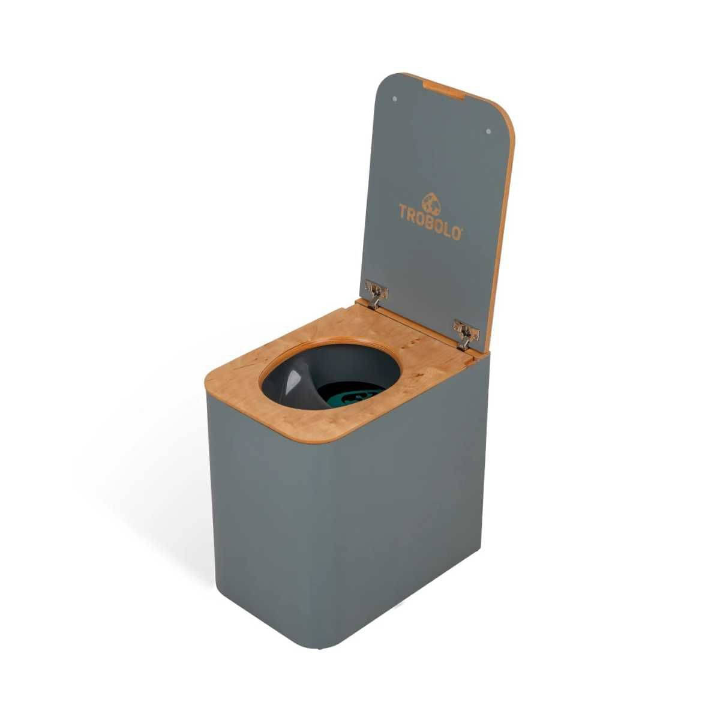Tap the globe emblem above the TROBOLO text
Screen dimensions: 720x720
(x=431, y=205)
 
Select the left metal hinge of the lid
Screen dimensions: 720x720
(x=376, y=293)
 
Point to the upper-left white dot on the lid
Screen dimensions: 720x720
(x=394, y=98)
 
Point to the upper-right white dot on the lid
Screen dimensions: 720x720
(x=488, y=131)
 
